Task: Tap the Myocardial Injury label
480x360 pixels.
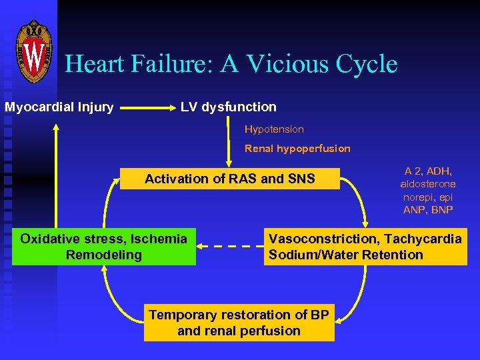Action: (59, 107)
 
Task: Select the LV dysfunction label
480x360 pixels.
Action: (229, 107)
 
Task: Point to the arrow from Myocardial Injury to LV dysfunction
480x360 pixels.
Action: (146, 107)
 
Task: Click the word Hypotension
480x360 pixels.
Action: (274, 129)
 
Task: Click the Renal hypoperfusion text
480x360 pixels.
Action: (297, 148)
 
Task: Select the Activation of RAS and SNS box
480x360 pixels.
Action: (230, 179)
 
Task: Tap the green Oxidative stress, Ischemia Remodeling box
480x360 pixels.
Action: (104, 247)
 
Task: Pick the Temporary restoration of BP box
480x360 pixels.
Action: (239, 323)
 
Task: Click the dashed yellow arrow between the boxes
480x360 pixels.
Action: (230, 247)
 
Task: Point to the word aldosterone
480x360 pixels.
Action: (428, 183)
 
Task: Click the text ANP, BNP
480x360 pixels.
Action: (428, 210)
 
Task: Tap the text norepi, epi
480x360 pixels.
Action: (428, 197)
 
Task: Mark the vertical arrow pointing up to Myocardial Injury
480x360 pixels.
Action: (57, 173)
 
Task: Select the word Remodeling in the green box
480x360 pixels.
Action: (104, 255)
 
